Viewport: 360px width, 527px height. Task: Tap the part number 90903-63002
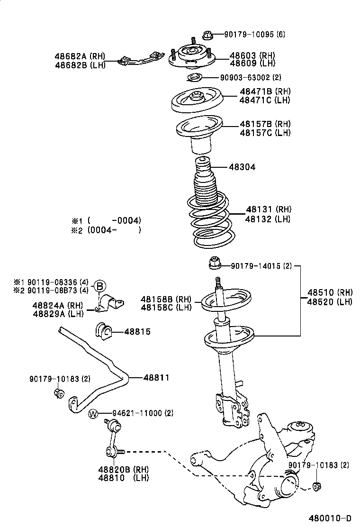244,77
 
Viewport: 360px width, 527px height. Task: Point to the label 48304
242,167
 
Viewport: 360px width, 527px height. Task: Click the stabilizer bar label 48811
156,377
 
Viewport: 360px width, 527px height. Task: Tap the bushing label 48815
137,332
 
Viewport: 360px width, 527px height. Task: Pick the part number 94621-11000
137,413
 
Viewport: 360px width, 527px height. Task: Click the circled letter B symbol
99,286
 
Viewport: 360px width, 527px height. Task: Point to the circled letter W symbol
93,414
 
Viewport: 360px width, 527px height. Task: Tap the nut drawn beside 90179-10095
207,35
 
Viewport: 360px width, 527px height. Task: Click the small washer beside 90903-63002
194,78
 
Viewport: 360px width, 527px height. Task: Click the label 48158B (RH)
166,299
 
